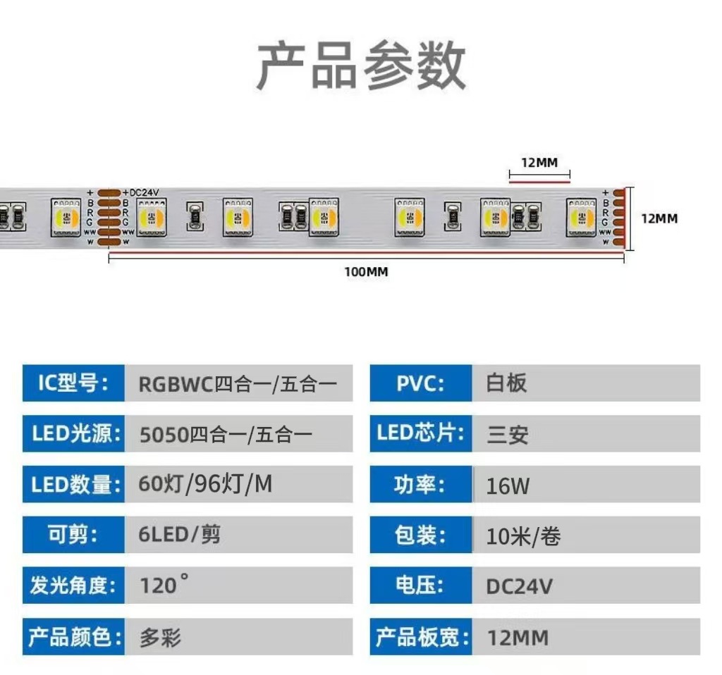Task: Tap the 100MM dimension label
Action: click(366, 272)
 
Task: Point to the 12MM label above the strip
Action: click(539, 163)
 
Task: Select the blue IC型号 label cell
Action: click(73, 383)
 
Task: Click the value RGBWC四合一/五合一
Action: click(238, 384)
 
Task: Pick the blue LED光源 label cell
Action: click(73, 434)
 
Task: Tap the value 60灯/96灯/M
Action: click(205, 485)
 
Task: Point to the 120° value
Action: click(164, 585)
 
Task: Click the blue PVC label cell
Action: click(420, 383)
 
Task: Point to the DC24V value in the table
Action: click(519, 586)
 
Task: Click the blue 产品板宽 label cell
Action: click(422, 638)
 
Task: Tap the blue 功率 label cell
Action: click(420, 485)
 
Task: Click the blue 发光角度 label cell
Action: click(73, 585)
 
